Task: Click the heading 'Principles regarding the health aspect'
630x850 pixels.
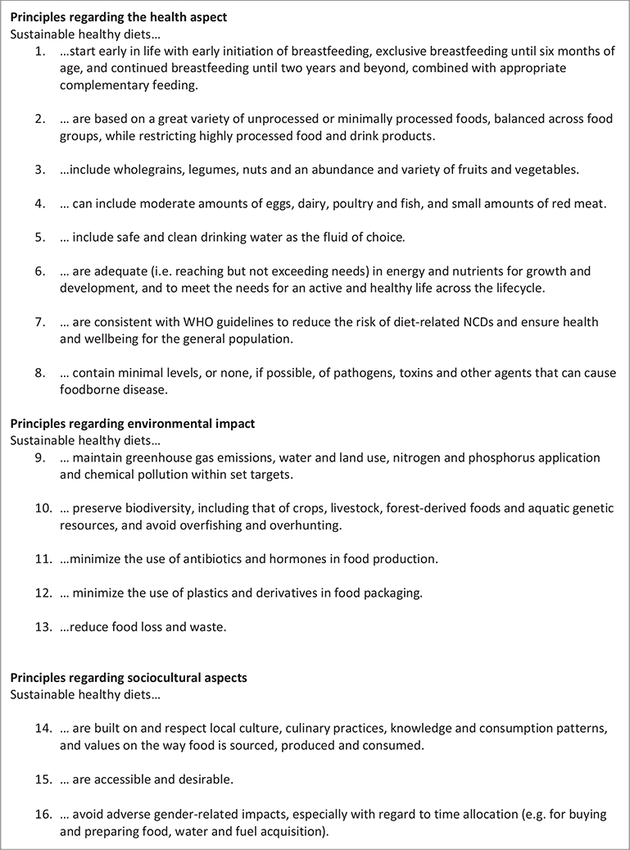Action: pos(119,17)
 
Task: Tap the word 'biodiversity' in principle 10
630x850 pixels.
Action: pos(148,508)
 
